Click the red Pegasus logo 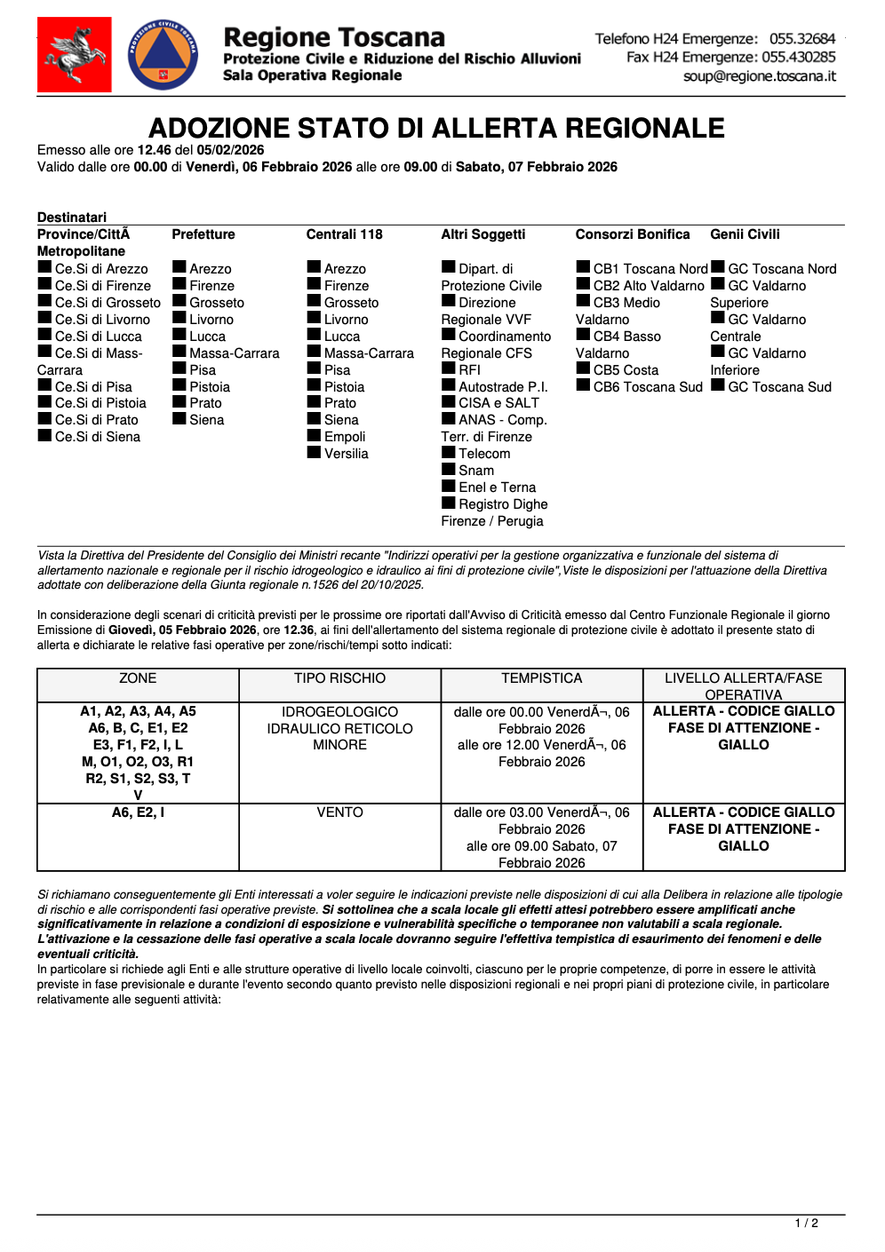point(74,55)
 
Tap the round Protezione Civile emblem point(163,55)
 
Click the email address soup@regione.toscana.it point(760,76)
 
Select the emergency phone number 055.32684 point(802,39)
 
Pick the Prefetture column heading point(203,234)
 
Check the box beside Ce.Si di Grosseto point(44,301)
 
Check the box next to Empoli point(314,435)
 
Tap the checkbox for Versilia point(314,452)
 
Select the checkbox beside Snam point(449,469)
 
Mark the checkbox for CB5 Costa point(583,368)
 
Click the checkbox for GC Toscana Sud point(718,385)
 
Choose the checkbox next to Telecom point(449,452)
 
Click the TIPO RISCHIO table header point(339,678)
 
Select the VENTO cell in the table point(339,812)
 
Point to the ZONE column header point(138,678)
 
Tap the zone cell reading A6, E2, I point(138,812)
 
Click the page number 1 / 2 point(806,1224)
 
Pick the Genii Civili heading point(745,234)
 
